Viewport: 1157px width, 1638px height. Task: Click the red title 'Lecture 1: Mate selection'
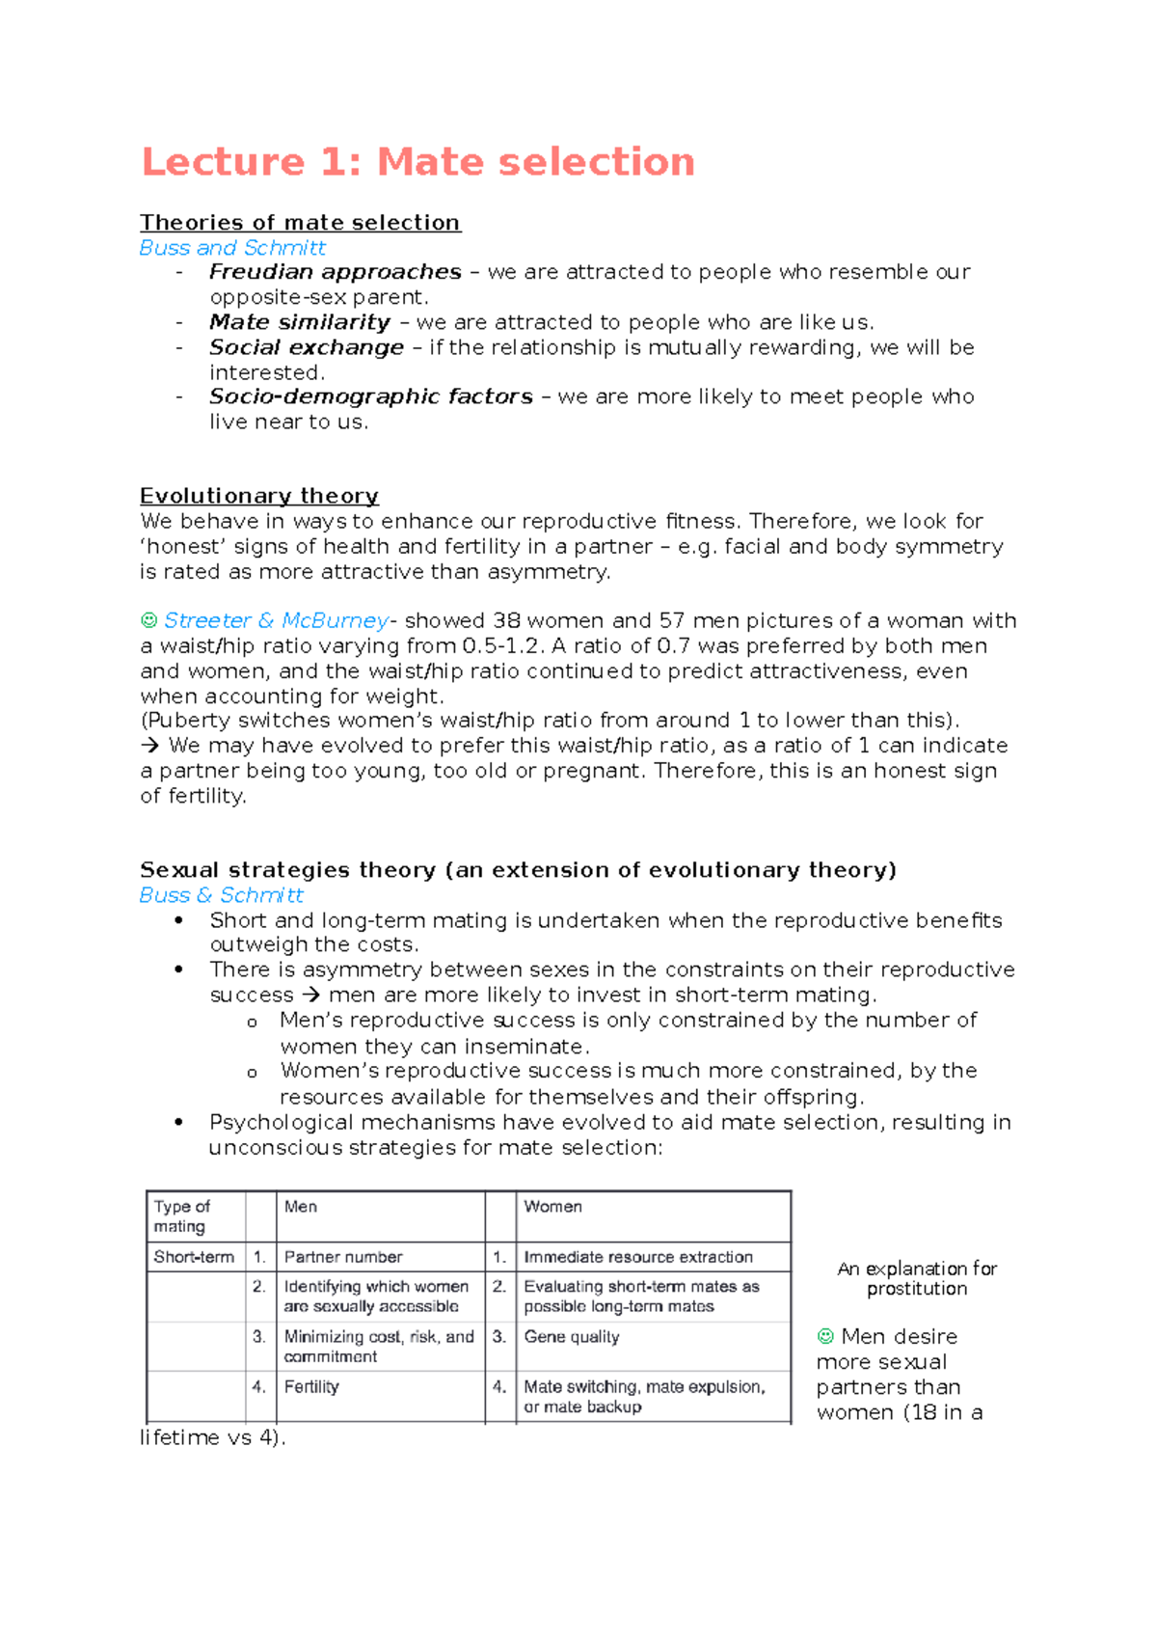coord(417,162)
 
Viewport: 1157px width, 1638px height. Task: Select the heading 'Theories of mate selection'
coord(300,223)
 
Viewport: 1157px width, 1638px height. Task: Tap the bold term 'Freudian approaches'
coord(336,272)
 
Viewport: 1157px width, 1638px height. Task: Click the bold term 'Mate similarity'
coord(300,322)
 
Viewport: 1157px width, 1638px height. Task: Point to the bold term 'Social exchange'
coord(307,347)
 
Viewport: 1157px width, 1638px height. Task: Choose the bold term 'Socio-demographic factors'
coord(371,396)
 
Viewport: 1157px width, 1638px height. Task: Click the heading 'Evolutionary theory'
coord(259,496)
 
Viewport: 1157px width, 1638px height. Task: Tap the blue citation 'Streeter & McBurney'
coord(276,620)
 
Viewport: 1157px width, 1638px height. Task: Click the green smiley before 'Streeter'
coord(148,620)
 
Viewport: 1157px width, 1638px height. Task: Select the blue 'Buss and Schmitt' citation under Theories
coord(232,248)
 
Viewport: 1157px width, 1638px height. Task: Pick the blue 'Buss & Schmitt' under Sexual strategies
coord(222,895)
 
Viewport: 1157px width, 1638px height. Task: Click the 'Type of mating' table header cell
coord(181,1216)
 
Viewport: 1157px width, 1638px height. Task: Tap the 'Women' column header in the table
coord(552,1207)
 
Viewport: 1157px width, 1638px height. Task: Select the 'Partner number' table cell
coord(343,1257)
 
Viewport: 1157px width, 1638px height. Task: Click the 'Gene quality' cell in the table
coord(572,1337)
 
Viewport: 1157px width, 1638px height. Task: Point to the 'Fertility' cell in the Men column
coord(311,1387)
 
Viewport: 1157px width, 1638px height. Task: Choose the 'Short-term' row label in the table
coord(194,1257)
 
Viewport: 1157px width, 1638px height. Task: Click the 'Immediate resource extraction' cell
coord(638,1257)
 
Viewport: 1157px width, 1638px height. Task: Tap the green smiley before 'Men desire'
coord(825,1336)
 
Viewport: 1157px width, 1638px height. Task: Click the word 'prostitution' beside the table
coord(917,1289)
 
